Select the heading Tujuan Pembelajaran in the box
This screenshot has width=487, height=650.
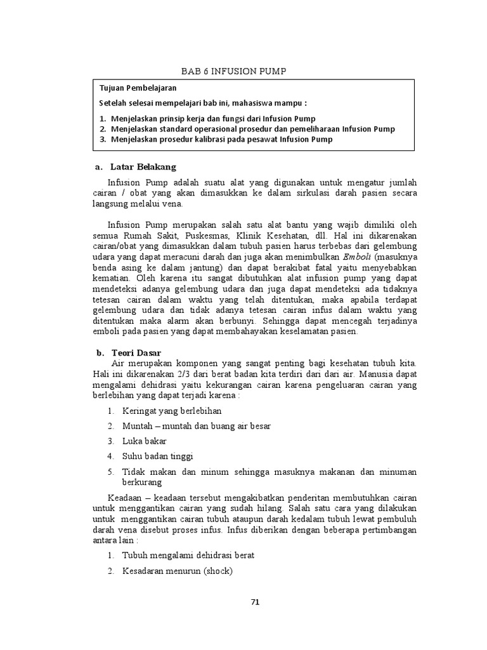pyautogui.click(x=138, y=88)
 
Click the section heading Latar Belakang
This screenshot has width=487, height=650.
pyautogui.click(x=143, y=167)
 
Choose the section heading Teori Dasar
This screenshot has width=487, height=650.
pyautogui.click(x=138, y=352)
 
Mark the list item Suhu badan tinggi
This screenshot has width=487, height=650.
pyautogui.click(x=157, y=456)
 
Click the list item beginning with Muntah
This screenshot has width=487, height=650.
pyautogui.click(x=196, y=426)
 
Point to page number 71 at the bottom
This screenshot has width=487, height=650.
pyautogui.click(x=256, y=603)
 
